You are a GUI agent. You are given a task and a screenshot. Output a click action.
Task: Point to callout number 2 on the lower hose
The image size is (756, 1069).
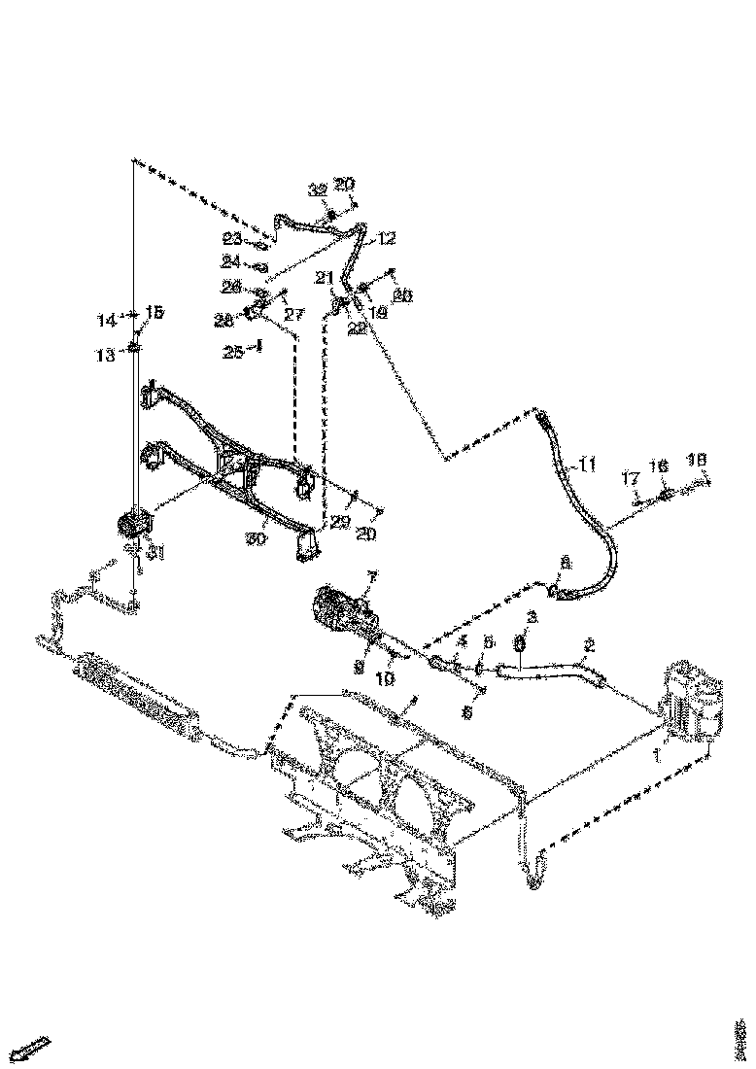589,645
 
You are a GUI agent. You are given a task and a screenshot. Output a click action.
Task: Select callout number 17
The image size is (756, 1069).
631,477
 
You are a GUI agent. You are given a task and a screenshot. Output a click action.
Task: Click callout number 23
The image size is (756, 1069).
231,238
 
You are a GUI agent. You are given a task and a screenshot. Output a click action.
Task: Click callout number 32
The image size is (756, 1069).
317,190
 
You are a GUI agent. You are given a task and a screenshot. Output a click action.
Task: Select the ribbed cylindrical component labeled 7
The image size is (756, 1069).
339,610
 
